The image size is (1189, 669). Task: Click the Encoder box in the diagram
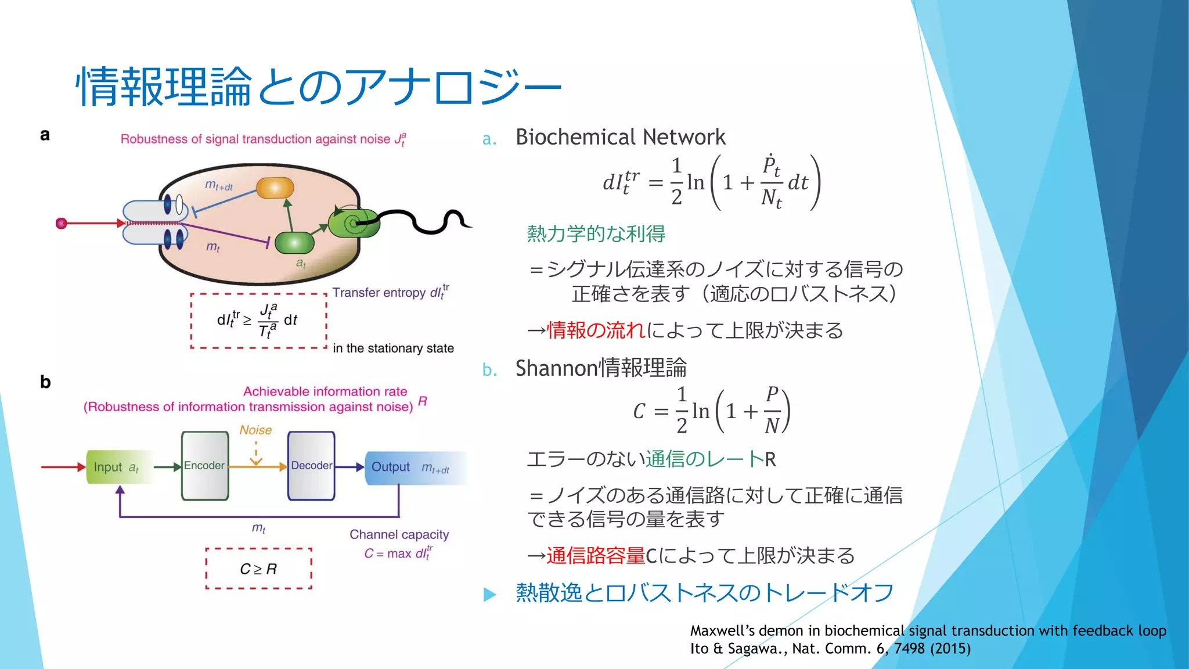(205, 466)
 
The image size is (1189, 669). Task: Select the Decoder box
(311, 466)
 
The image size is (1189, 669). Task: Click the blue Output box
(410, 467)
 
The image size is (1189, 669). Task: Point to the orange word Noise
(255, 430)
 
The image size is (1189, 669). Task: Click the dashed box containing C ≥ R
(258, 569)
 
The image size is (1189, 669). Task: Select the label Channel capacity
(399, 534)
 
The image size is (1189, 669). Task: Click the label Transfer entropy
(379, 293)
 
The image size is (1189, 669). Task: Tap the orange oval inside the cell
(275, 188)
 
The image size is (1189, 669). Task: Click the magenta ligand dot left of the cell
(61, 224)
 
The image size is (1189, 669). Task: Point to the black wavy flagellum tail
(430, 221)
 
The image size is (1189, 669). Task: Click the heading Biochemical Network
(620, 137)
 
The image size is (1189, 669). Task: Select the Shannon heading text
(601, 368)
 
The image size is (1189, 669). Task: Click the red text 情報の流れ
(596, 330)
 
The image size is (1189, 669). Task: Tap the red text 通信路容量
(596, 556)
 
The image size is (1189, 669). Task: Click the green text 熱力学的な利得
(596, 233)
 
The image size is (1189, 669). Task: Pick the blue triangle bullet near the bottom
(490, 594)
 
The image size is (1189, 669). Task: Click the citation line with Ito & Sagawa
(830, 649)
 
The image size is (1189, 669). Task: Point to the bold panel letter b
(45, 382)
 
